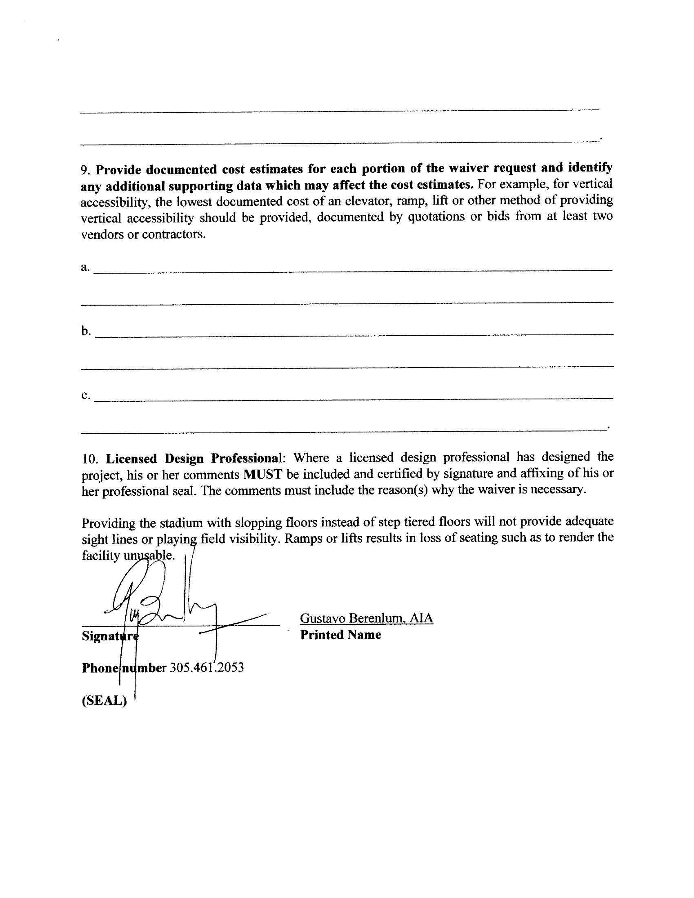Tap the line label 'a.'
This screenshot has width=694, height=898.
(x=85, y=267)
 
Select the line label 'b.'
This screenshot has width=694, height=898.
(x=85, y=331)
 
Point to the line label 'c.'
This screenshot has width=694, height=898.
(x=85, y=395)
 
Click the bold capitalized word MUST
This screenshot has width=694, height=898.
(x=262, y=475)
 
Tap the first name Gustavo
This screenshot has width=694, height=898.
(x=323, y=618)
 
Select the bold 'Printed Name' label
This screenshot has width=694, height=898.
(x=340, y=635)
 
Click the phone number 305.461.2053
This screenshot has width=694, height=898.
(x=207, y=667)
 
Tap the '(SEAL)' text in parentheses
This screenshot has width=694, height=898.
(x=105, y=701)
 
